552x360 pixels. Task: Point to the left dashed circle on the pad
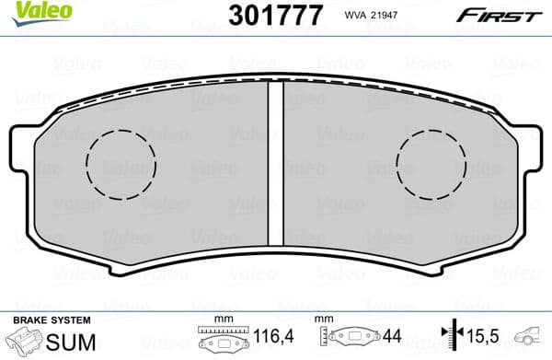(x=121, y=165)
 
